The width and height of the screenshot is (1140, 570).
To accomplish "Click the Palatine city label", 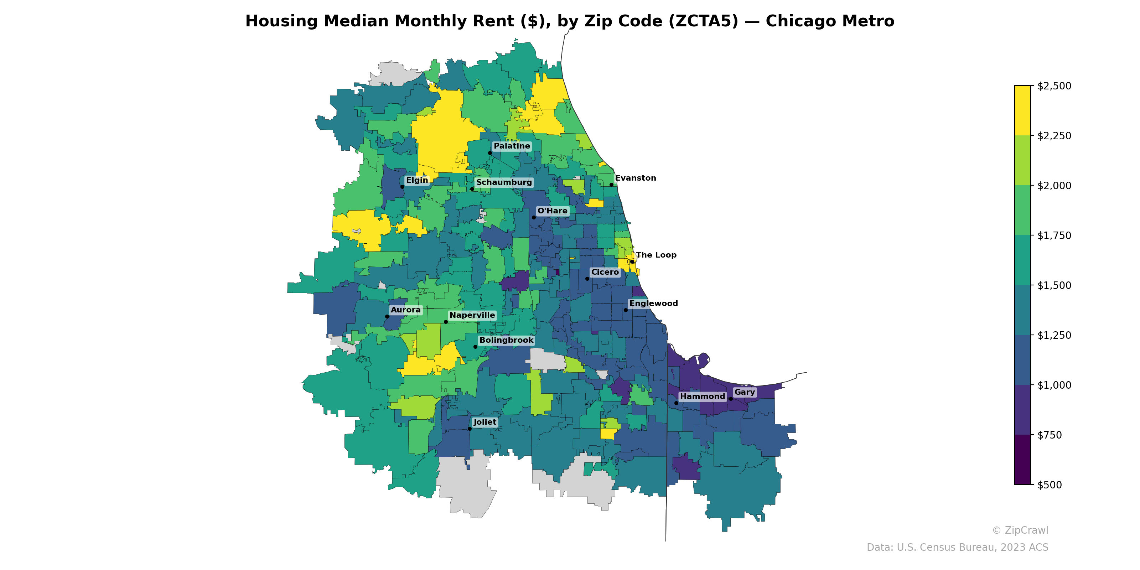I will tap(512, 146).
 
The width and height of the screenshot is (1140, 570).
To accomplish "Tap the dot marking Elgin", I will tap(402, 187).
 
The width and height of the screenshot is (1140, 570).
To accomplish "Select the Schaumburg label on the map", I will tap(504, 182).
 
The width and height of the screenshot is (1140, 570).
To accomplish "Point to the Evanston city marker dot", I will tap(612, 185).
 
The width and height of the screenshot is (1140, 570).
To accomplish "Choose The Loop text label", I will tap(656, 255).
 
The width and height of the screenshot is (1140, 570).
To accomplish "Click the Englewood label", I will tap(653, 304).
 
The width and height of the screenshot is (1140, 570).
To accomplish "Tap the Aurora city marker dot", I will tap(387, 317).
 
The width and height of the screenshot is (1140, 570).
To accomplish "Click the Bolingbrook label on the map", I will tap(506, 340).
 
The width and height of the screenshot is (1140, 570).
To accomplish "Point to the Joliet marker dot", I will tap(470, 429).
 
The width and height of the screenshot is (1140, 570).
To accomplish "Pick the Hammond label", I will tap(702, 397).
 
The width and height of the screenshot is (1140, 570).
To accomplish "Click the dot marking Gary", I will tap(731, 399).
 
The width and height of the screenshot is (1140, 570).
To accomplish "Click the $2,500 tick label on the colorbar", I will tap(1054, 86).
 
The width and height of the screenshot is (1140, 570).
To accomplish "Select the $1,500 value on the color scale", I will tap(1054, 285).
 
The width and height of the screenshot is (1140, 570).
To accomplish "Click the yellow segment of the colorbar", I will tap(1022, 111).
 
